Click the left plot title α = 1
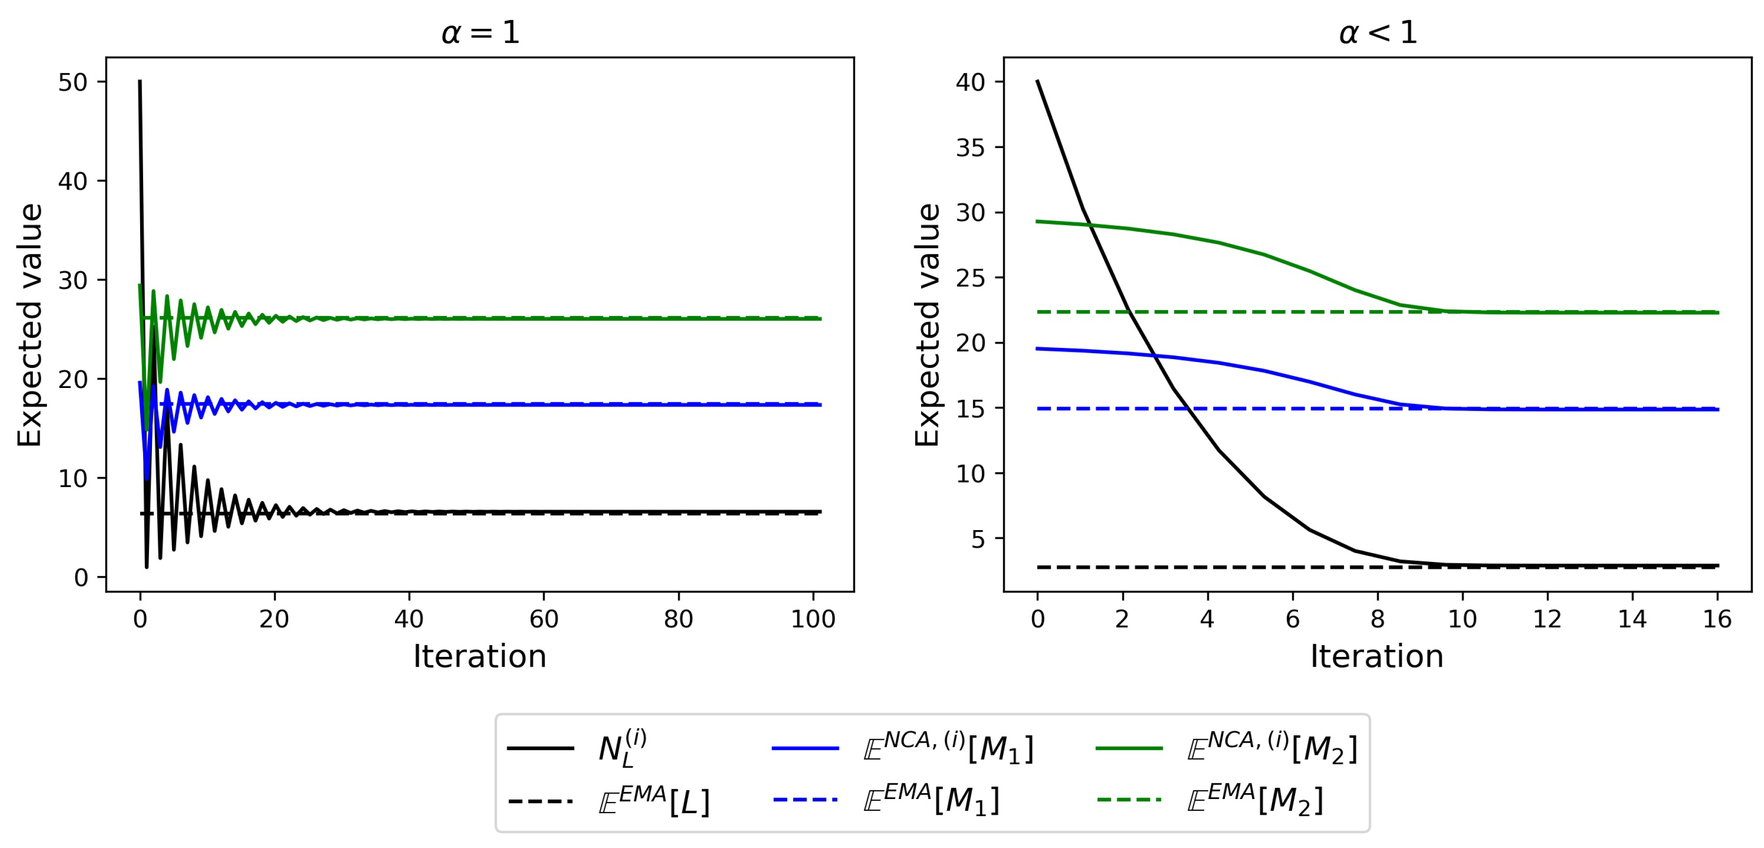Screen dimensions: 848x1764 pyautogui.click(x=481, y=32)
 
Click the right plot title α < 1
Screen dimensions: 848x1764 pyautogui.click(x=1378, y=32)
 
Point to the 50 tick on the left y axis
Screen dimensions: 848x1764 pyautogui.click(x=73, y=83)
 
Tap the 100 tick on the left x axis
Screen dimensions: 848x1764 pyautogui.click(x=813, y=619)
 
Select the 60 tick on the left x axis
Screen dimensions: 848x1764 pyautogui.click(x=544, y=619)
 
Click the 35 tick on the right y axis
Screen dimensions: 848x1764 pyautogui.click(x=970, y=148)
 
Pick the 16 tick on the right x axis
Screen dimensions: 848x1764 pyautogui.click(x=1717, y=619)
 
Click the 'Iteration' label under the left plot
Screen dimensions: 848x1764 pyautogui.click(x=479, y=656)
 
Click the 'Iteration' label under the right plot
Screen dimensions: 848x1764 pyautogui.click(x=1376, y=656)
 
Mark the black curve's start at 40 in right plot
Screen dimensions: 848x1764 pyautogui.click(x=1037, y=81)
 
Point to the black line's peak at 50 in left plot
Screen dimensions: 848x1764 pyautogui.click(x=140, y=81)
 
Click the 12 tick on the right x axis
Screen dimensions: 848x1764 pyautogui.click(x=1547, y=619)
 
